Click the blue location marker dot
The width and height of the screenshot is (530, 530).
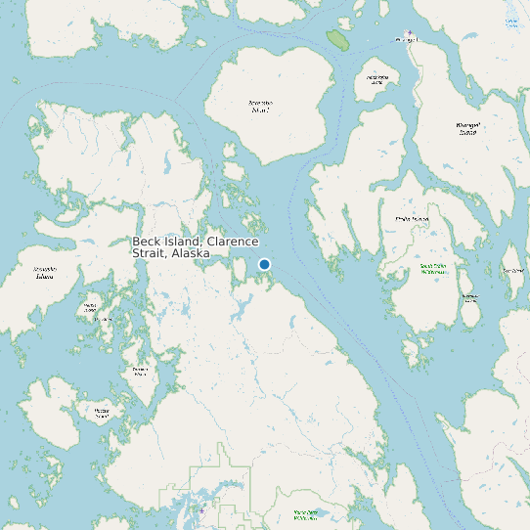(264, 264)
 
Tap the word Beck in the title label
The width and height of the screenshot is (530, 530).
(146, 242)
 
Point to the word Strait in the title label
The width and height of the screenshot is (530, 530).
(148, 253)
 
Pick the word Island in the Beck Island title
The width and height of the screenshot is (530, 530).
(181, 242)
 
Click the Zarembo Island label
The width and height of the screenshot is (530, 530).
(260, 106)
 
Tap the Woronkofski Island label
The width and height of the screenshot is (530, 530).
(377, 79)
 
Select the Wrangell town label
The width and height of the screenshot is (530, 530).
(405, 40)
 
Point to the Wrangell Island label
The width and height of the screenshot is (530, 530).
(468, 128)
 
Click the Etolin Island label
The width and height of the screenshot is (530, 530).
(412, 219)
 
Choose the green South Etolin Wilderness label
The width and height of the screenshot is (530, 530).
(433, 269)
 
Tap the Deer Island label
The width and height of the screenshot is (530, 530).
(512, 271)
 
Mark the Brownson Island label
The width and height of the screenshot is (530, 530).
(470, 296)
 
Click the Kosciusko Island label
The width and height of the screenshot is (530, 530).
(44, 272)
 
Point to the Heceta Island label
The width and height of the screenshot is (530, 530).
(102, 412)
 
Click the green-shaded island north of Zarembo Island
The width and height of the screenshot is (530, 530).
(338, 39)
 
